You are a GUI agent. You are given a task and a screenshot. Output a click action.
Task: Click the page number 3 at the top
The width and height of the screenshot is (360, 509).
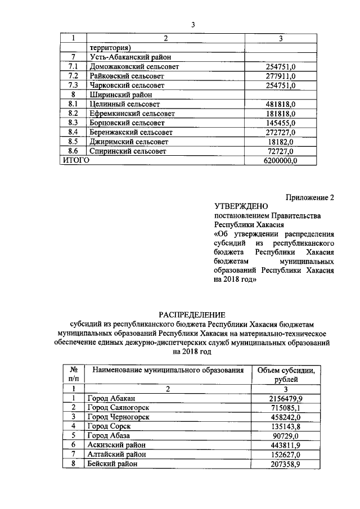(x=192, y=25)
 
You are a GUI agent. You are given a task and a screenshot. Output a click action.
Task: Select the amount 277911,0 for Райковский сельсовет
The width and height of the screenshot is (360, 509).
(x=281, y=76)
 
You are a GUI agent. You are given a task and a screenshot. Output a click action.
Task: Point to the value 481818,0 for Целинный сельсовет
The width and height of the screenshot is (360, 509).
(x=281, y=104)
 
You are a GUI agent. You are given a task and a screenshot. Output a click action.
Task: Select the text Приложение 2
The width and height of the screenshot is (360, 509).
(x=310, y=197)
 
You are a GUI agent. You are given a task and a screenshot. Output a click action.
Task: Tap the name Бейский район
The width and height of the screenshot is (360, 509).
(x=112, y=464)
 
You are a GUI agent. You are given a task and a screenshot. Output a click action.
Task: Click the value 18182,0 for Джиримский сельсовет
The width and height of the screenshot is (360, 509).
(x=283, y=142)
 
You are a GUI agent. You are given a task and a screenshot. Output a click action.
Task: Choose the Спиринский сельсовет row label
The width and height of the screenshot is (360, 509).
(x=129, y=151)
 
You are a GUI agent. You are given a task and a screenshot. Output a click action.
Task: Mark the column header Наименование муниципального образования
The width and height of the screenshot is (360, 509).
(x=168, y=370)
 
